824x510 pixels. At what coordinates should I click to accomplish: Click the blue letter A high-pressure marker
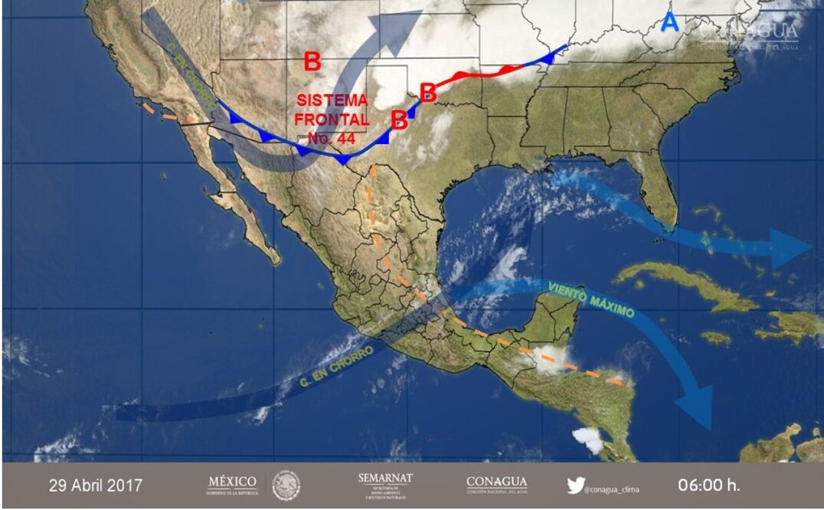click(669, 22)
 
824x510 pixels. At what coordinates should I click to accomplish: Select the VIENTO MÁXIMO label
click(591, 300)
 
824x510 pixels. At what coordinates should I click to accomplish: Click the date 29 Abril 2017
click(96, 485)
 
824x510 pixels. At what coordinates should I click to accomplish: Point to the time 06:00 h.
click(709, 485)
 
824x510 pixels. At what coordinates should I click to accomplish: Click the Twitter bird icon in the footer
click(576, 485)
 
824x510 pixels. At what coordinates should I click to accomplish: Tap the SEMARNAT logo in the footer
click(385, 485)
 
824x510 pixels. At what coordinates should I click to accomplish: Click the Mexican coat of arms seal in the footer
click(286, 485)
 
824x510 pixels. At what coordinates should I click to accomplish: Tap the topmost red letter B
click(312, 61)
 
